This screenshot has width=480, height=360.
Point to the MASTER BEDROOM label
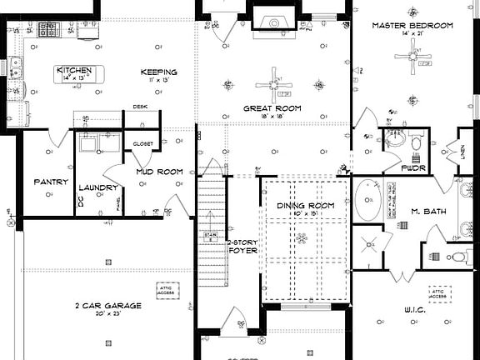[412, 26]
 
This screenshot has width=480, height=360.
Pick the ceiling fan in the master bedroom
[412, 56]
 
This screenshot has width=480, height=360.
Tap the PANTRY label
[50, 182]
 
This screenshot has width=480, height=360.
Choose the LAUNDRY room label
[99, 187]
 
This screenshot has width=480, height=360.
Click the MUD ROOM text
[159, 172]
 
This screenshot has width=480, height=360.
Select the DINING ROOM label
[306, 205]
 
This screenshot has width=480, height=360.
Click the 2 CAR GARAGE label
[107, 306]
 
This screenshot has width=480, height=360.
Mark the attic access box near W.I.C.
[439, 294]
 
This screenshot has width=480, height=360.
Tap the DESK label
[140, 107]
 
